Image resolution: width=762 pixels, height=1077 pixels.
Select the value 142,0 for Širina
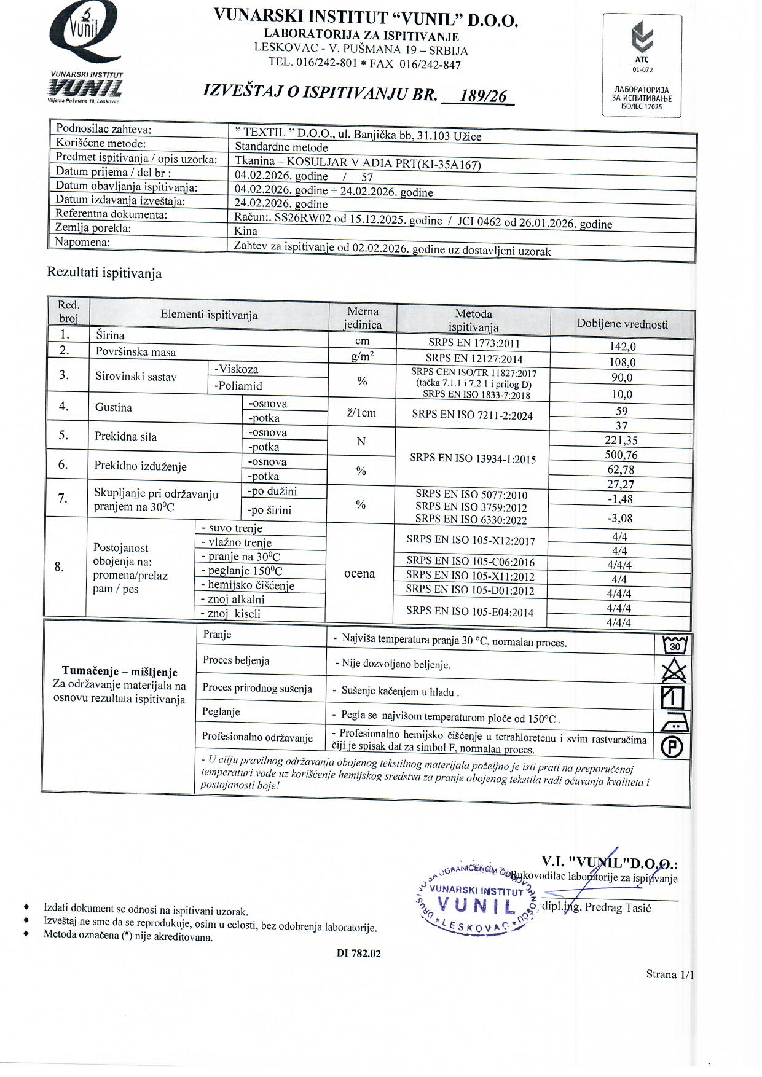click(x=622, y=347)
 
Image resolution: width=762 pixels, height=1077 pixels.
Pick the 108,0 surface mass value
click(x=622, y=362)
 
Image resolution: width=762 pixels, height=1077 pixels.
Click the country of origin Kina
click(x=246, y=232)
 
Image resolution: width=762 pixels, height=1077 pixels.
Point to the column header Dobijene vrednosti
click(x=622, y=324)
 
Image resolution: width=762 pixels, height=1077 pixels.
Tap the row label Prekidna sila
click(x=125, y=437)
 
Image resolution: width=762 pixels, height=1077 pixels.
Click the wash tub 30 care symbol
click(x=674, y=645)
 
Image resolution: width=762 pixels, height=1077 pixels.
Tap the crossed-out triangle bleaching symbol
click(x=674, y=671)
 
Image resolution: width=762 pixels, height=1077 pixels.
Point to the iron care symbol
click(x=674, y=723)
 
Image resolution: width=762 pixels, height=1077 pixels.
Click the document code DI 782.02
click(x=358, y=954)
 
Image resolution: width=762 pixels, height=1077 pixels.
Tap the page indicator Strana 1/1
click(x=670, y=974)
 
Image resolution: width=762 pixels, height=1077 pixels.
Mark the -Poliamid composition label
click(x=238, y=386)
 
